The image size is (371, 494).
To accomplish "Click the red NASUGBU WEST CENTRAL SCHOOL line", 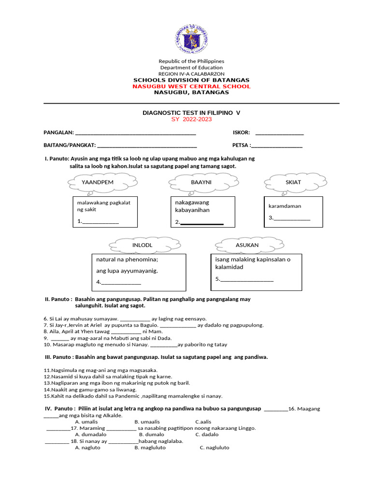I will [191, 86].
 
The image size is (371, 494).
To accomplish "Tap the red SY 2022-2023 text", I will [191, 119].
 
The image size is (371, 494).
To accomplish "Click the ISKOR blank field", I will [279, 133].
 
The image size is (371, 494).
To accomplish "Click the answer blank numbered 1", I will [100, 222].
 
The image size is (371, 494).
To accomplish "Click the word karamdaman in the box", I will [285, 206].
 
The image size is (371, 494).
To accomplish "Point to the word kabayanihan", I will [193, 210].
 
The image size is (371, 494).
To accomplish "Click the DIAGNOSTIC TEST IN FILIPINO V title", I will [191, 112].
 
